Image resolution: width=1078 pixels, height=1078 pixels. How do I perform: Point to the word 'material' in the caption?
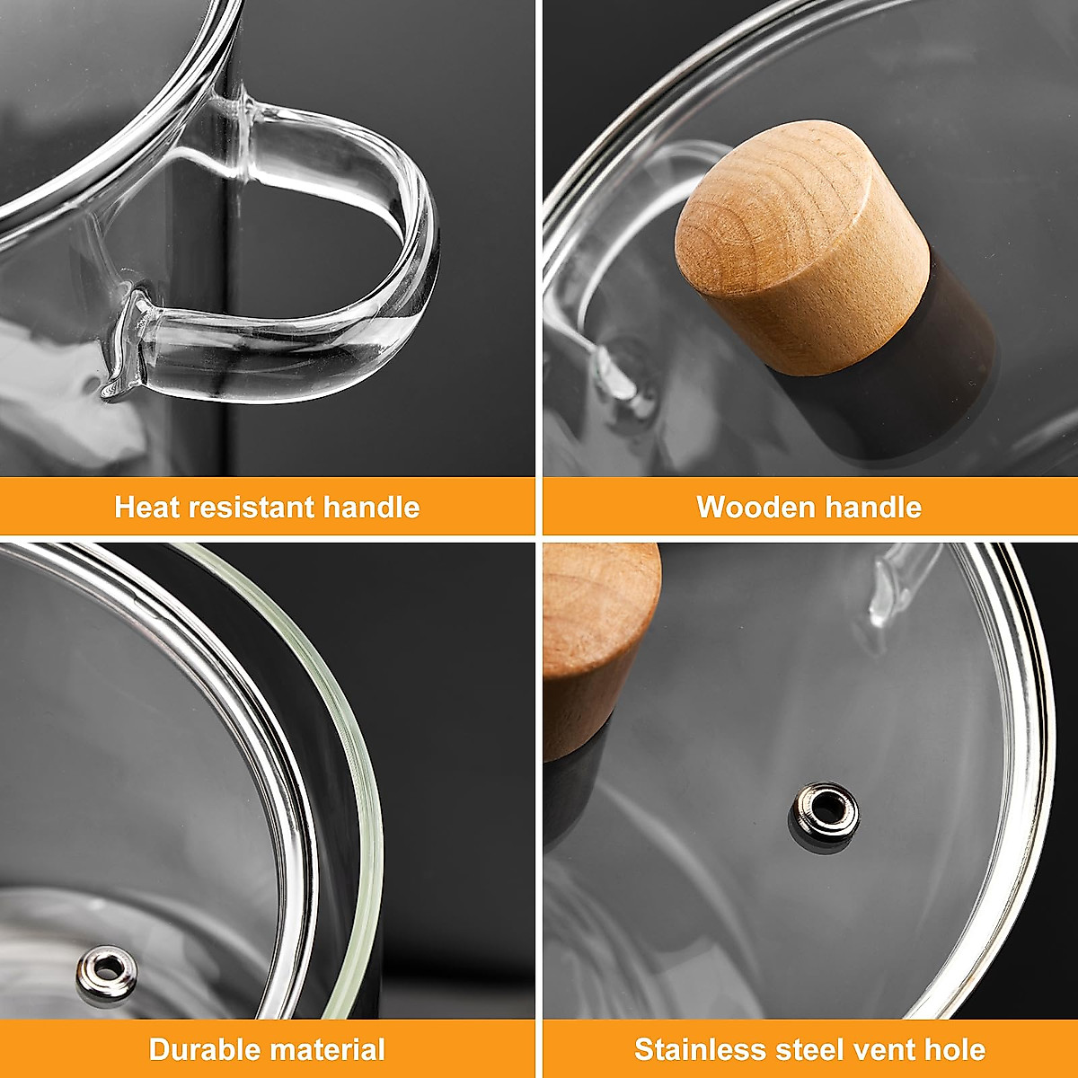(x=326, y=1049)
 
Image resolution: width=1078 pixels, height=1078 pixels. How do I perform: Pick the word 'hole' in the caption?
(x=955, y=1049)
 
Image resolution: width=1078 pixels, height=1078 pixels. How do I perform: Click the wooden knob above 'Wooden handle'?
(x=800, y=243)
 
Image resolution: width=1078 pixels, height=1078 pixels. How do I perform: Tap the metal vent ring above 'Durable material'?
(x=107, y=970)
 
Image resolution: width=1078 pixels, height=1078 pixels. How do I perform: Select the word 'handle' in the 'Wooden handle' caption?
(x=873, y=508)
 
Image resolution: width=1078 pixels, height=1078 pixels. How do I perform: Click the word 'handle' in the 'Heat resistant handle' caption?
(x=371, y=508)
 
